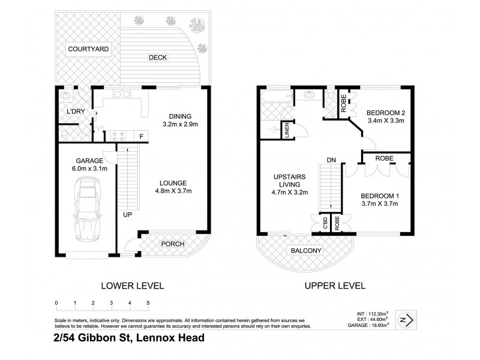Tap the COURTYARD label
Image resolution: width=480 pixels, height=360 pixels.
[88, 49]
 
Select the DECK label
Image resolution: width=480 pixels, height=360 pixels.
[158, 58]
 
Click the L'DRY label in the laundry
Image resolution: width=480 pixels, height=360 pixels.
[75, 112]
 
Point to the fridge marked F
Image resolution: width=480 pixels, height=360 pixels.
[141, 136]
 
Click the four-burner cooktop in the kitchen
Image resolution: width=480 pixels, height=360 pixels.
[118, 136]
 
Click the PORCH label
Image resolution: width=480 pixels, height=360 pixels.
[173, 244]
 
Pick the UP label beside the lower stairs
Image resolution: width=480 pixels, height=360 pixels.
[128, 214]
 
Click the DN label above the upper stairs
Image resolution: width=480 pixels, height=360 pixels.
[331, 160]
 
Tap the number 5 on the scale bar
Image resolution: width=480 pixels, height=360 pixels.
[148, 303]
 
